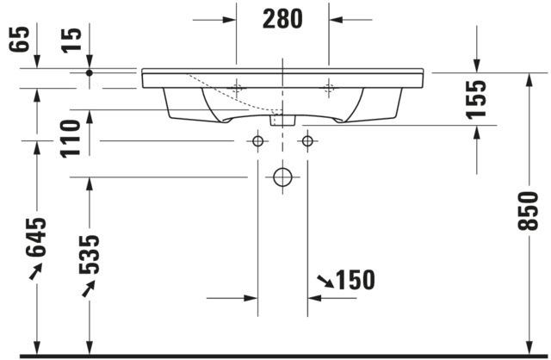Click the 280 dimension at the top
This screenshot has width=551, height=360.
(x=282, y=19)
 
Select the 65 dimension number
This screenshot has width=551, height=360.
(x=20, y=39)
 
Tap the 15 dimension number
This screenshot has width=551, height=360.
(x=71, y=40)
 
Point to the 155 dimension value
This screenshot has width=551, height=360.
(x=476, y=100)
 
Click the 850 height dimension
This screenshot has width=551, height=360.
(x=528, y=211)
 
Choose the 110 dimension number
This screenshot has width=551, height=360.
(x=71, y=139)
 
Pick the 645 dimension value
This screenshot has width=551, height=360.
(x=36, y=238)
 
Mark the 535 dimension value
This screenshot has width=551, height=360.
(x=90, y=254)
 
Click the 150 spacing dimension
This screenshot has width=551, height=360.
(x=356, y=280)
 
